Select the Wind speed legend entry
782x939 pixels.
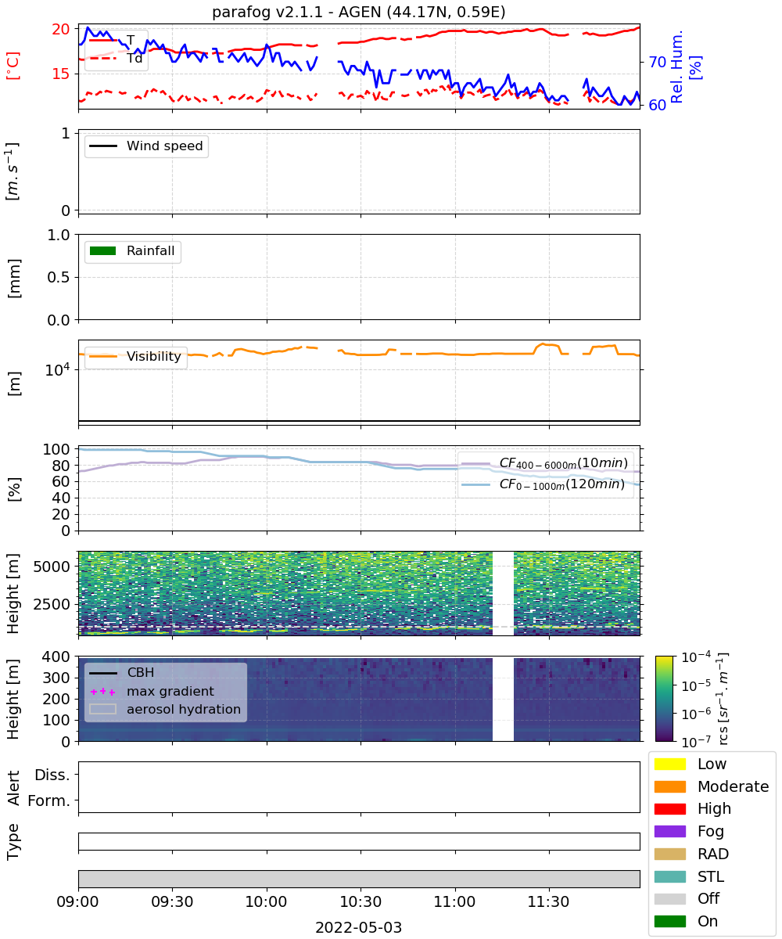pos(146,146)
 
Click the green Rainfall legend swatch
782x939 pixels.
pos(103,251)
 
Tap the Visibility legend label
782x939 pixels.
pos(154,356)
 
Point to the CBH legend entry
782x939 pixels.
pos(122,672)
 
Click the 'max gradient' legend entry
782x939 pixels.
pos(152,691)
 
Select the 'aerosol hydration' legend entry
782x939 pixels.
pos(165,709)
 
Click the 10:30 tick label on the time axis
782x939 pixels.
pos(361,901)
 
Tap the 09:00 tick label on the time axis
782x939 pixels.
pos(77,901)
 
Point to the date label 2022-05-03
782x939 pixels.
pos(359,927)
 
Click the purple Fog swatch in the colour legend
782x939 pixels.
pos(669,831)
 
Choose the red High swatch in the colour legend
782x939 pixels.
pos(669,808)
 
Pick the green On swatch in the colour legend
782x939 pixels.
pos(669,921)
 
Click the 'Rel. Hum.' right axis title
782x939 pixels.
pos(677,67)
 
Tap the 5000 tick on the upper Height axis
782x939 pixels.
pos(52,567)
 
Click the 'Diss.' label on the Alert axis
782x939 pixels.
pos(52,775)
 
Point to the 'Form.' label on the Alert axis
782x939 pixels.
pos(49,800)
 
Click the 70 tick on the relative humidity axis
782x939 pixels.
pos(657,62)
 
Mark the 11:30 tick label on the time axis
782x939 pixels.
pos(548,901)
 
